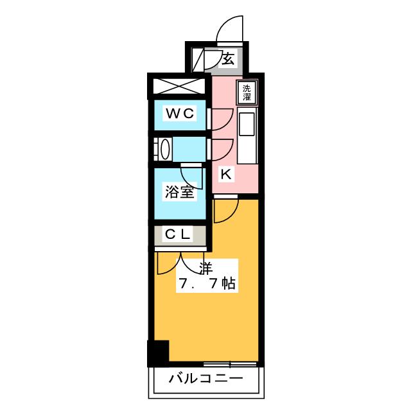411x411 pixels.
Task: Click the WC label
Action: [x=179, y=114]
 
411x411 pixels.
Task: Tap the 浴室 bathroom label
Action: [x=179, y=192]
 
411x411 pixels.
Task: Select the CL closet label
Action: [x=179, y=235]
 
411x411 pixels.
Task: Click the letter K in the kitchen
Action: [x=225, y=173]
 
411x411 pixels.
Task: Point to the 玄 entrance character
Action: [x=229, y=60]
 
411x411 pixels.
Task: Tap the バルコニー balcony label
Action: [x=206, y=379]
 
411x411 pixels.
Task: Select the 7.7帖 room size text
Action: [x=205, y=283]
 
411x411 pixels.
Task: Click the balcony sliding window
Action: [x=222, y=364]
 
